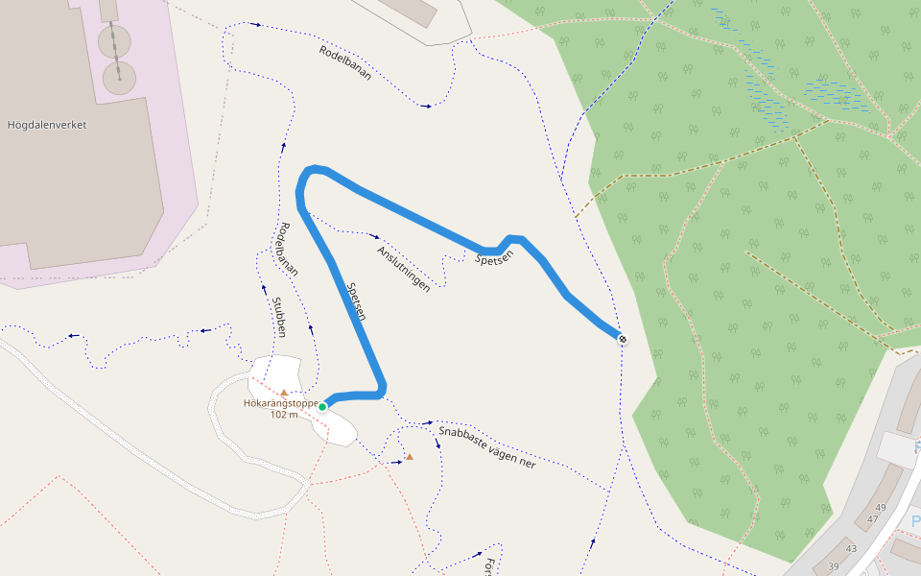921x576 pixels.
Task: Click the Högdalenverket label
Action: click(46, 125)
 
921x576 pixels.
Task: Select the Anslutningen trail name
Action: click(403, 268)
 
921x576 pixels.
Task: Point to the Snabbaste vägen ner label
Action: click(486, 446)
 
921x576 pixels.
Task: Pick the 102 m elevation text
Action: click(285, 415)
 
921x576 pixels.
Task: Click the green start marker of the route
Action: click(322, 407)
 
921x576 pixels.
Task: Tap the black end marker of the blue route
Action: click(623, 339)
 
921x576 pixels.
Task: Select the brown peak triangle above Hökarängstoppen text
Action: click(284, 392)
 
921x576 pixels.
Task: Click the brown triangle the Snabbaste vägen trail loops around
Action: click(410, 456)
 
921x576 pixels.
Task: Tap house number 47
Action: click(872, 519)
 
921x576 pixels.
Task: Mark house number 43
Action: click(850, 548)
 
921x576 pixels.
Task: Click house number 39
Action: click(833, 567)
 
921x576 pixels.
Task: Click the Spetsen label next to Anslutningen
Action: click(495, 256)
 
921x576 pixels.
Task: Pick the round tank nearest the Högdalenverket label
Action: click(118, 79)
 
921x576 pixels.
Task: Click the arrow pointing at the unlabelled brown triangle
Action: click(394, 463)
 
